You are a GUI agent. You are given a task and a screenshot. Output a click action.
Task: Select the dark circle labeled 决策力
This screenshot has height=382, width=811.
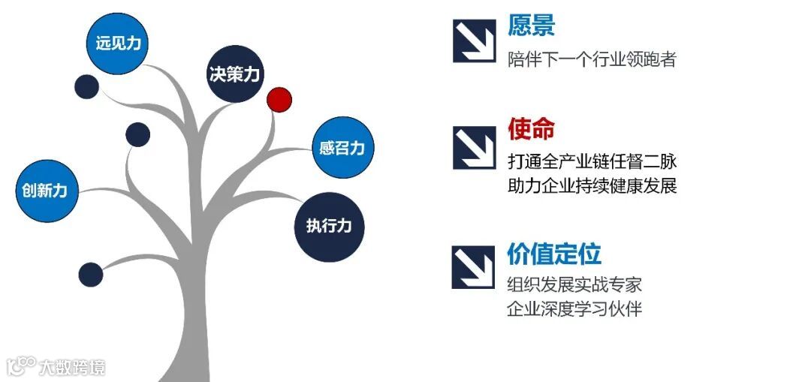[234, 74]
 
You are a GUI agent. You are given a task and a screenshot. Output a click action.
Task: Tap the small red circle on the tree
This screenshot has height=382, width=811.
[279, 99]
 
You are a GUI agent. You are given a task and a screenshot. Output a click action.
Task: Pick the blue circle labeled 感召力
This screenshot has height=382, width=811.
[342, 148]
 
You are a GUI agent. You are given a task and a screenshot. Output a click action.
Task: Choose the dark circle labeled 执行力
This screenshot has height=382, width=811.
[329, 226]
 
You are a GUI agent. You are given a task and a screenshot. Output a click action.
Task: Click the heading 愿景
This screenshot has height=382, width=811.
[531, 26]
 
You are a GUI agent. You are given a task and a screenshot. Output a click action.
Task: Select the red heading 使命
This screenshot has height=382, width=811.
[531, 129]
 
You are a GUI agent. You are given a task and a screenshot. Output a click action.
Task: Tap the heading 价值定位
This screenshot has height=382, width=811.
[554, 254]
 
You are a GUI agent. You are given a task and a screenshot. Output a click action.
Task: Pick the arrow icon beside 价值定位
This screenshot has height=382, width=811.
[473, 267]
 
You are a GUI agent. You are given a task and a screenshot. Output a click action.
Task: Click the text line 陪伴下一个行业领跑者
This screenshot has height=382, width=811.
[592, 59]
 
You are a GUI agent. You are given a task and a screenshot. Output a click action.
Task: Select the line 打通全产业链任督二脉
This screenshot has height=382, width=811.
[592, 161]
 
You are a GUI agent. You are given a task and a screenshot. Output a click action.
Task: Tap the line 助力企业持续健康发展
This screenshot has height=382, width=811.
[592, 185]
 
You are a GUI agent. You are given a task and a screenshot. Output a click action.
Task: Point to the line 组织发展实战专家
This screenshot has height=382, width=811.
[574, 284]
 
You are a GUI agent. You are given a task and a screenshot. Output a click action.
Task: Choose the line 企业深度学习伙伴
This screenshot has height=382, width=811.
[574, 308]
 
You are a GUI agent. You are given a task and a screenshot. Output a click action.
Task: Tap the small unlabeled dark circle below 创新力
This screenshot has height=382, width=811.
[91, 275]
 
